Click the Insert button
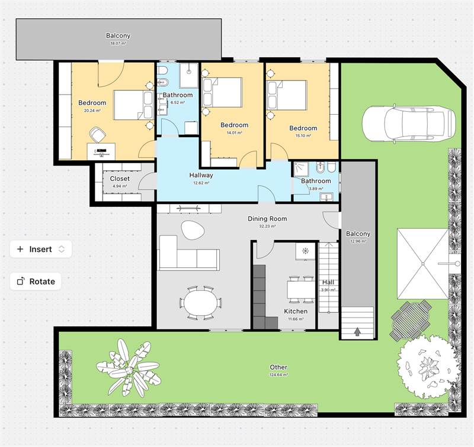41,249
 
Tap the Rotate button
36,281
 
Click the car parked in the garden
409,124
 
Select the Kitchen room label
296,311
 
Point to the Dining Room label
267,219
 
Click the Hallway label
201,175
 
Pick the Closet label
120,179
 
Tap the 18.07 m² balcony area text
118,43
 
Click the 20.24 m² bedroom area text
92,111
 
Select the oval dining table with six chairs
201,303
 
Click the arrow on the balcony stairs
358,332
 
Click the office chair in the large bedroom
97,135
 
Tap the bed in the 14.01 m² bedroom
223,92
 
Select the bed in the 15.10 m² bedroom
287,95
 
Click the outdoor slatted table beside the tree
411,320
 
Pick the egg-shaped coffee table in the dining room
193,230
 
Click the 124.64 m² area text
278,375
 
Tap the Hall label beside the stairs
328,282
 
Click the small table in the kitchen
302,289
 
